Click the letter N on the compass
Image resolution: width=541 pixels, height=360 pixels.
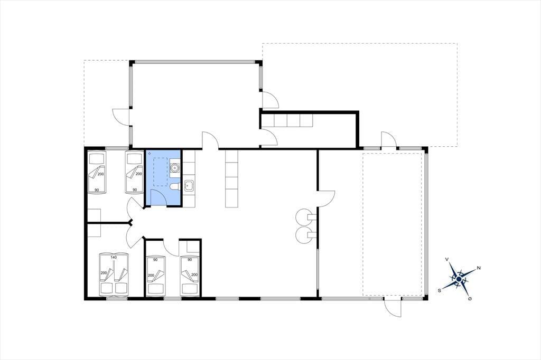pyautogui.click(x=479, y=268)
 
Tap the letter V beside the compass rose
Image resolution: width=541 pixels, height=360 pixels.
pyautogui.click(x=447, y=259)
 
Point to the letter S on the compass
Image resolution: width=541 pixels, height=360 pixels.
pyautogui.click(x=440, y=291)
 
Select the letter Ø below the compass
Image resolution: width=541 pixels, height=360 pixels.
pyautogui.click(x=470, y=299)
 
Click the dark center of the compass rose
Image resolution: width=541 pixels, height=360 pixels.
pyautogui.click(x=459, y=279)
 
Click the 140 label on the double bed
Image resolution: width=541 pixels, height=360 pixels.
pyautogui.click(x=114, y=257)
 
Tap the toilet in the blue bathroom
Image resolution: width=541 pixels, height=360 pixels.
pyautogui.click(x=174, y=187)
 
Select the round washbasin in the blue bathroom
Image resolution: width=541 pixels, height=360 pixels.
pyautogui.click(x=175, y=168)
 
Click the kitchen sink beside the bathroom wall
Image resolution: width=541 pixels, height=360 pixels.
pyautogui.click(x=189, y=186)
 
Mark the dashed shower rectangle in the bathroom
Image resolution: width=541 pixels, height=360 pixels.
pyautogui.click(x=160, y=172)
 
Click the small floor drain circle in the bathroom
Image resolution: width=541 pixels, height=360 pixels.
pyautogui.click(x=149, y=153)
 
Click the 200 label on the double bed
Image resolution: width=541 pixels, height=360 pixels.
pyautogui.click(x=104, y=273)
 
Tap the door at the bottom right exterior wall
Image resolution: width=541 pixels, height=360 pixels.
pyautogui.click(x=393, y=308)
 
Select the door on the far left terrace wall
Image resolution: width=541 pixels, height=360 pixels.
pyautogui.click(x=121, y=117)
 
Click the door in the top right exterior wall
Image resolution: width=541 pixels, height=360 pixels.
pyautogui.click(x=389, y=139)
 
